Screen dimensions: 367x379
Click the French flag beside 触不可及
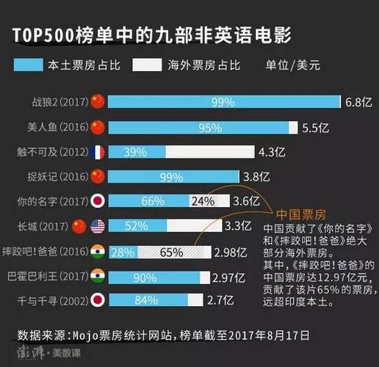pyautogui.click(x=98, y=152)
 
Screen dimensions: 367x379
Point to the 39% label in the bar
pyautogui.click(x=136, y=152)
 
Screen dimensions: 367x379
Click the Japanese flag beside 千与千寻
pyautogui.click(x=98, y=301)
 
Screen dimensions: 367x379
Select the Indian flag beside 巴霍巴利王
pyautogui.click(x=98, y=277)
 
